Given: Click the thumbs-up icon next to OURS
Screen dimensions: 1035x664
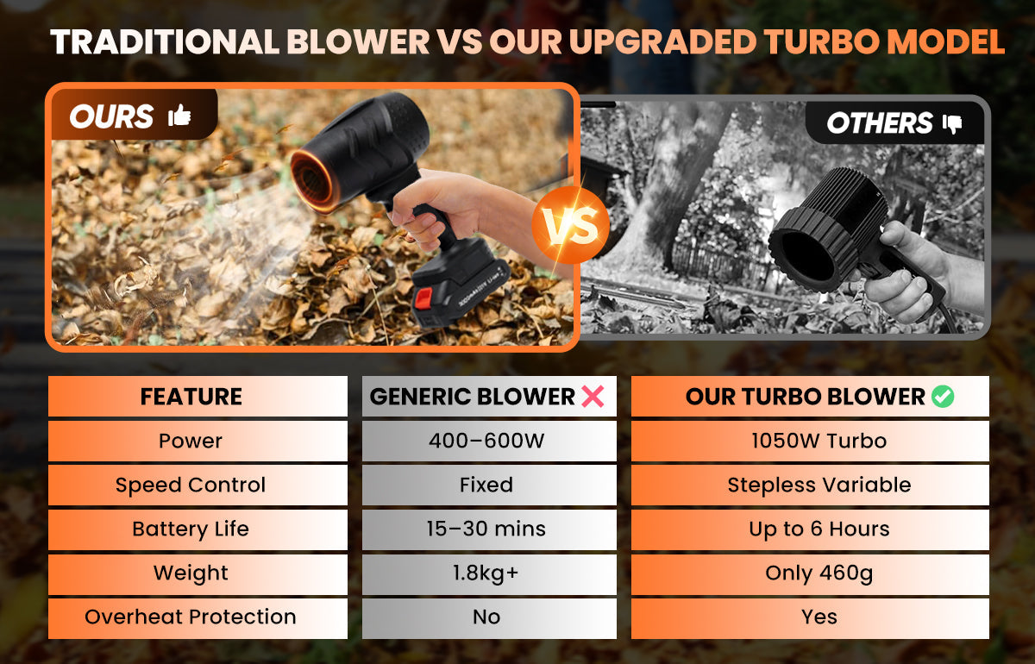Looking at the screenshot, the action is [x=179, y=115].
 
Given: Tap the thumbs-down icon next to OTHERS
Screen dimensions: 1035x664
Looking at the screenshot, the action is [x=952, y=123].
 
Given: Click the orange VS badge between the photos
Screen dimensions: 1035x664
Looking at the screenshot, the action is [x=570, y=225].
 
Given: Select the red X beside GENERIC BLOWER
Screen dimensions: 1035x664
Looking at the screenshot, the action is [x=593, y=397].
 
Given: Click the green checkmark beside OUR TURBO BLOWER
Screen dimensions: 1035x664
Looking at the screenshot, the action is [x=943, y=397].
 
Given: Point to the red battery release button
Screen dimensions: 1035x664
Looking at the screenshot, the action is [x=423, y=298].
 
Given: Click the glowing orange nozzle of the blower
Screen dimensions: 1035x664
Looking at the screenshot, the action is [x=313, y=181].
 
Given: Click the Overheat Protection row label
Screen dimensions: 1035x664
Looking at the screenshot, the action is [x=191, y=617].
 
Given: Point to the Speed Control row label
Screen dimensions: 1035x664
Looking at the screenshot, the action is [x=191, y=485].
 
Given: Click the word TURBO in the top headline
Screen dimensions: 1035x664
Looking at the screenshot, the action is [x=821, y=42].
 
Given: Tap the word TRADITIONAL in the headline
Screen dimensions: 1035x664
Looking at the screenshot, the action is [x=165, y=42].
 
